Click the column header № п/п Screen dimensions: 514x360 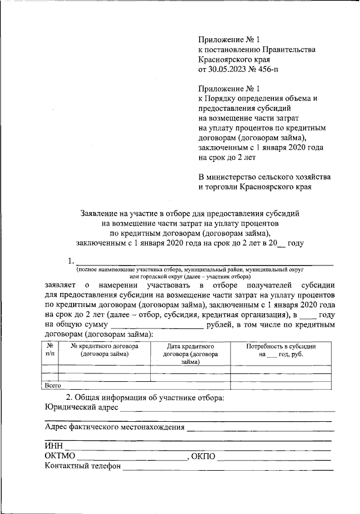point(50,350)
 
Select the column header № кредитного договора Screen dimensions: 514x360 point(104,350)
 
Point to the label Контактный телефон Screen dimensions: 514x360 point(83,466)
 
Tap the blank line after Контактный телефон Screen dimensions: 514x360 point(228,468)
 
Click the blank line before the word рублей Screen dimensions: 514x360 point(157,327)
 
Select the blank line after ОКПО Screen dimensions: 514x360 point(275,458)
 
